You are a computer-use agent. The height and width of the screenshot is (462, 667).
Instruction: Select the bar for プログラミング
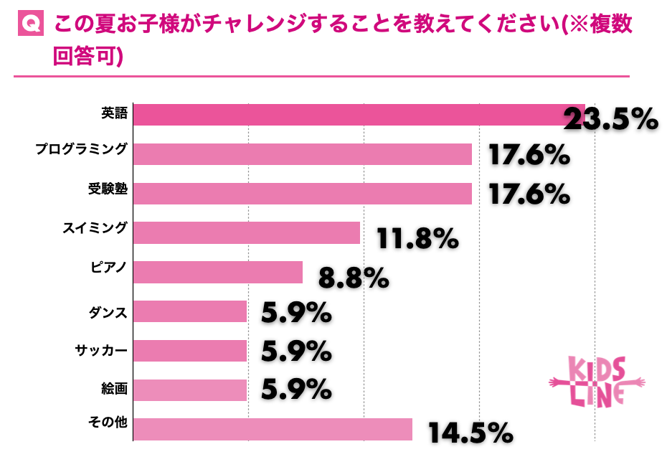[x=302, y=154]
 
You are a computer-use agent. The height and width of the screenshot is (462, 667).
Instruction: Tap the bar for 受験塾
[x=302, y=194]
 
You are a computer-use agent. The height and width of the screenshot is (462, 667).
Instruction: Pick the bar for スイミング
[x=247, y=232]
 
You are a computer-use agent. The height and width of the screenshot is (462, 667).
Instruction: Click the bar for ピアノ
[x=218, y=272]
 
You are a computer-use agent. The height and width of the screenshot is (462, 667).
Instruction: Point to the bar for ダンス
[x=190, y=311]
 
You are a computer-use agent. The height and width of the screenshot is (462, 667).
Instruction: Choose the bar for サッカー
[x=190, y=350]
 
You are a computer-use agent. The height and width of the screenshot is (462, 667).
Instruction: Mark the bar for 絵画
[x=190, y=390]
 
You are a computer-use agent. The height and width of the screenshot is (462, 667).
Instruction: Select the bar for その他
[x=273, y=429]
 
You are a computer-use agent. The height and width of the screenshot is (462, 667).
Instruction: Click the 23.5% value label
[x=610, y=119]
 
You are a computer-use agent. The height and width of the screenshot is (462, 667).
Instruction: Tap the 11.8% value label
[x=417, y=238]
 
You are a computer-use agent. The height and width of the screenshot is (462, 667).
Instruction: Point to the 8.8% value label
[x=354, y=278]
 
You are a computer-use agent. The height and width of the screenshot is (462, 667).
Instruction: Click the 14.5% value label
[x=470, y=433]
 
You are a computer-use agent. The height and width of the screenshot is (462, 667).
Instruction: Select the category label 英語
[x=113, y=113]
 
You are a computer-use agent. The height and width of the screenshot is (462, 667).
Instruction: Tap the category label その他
[x=109, y=423]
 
